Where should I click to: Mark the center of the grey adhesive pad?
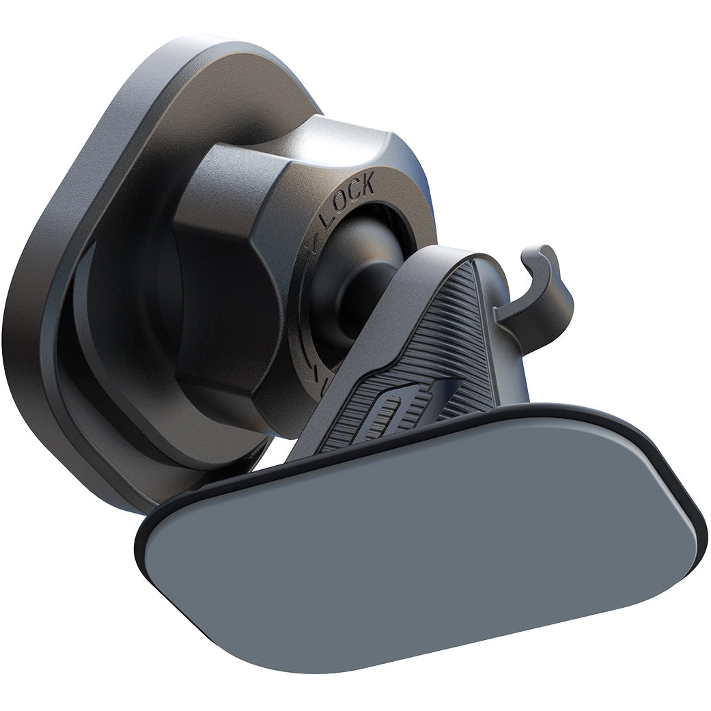point(423,540)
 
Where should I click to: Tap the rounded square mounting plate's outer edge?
point(41,273)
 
